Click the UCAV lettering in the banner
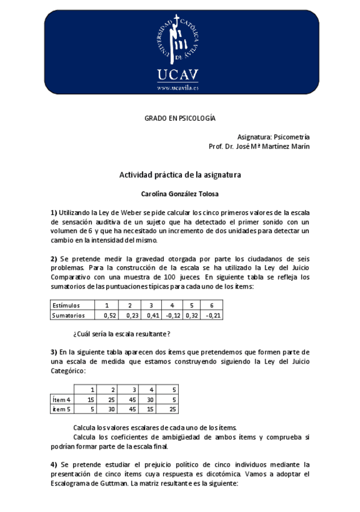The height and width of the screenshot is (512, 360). [x=178, y=75]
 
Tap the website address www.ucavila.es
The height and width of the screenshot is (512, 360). [x=178, y=87]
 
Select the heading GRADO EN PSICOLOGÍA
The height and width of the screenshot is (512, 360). [x=179, y=119]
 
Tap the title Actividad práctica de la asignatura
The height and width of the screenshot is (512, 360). [x=180, y=175]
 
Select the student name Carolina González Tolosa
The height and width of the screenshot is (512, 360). [x=180, y=194]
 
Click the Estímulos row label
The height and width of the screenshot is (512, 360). [x=66, y=306]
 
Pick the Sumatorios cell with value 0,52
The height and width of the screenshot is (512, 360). [x=110, y=315]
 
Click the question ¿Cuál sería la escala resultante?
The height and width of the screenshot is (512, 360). [x=121, y=334]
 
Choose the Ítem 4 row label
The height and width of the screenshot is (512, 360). [x=62, y=399]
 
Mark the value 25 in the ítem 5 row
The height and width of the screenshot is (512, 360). [x=174, y=409]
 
